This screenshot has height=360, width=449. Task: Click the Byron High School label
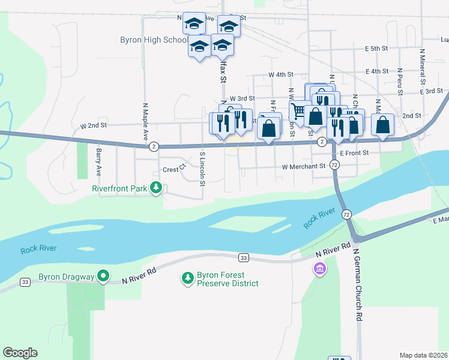click(153, 40)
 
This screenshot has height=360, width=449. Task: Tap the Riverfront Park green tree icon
click(156, 188)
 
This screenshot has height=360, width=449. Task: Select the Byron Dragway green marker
click(103, 277)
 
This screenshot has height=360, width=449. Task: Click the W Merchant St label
click(303, 166)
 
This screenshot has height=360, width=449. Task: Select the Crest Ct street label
click(171, 170)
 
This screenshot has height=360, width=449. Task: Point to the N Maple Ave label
click(145, 121)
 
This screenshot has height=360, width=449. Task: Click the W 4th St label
click(281, 75)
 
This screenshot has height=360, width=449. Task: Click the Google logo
click(20, 353)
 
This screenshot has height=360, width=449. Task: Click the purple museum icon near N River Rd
click(320, 269)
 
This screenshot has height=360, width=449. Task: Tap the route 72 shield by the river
click(346, 214)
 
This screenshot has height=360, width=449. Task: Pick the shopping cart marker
click(298, 110)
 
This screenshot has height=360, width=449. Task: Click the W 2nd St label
click(93, 127)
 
